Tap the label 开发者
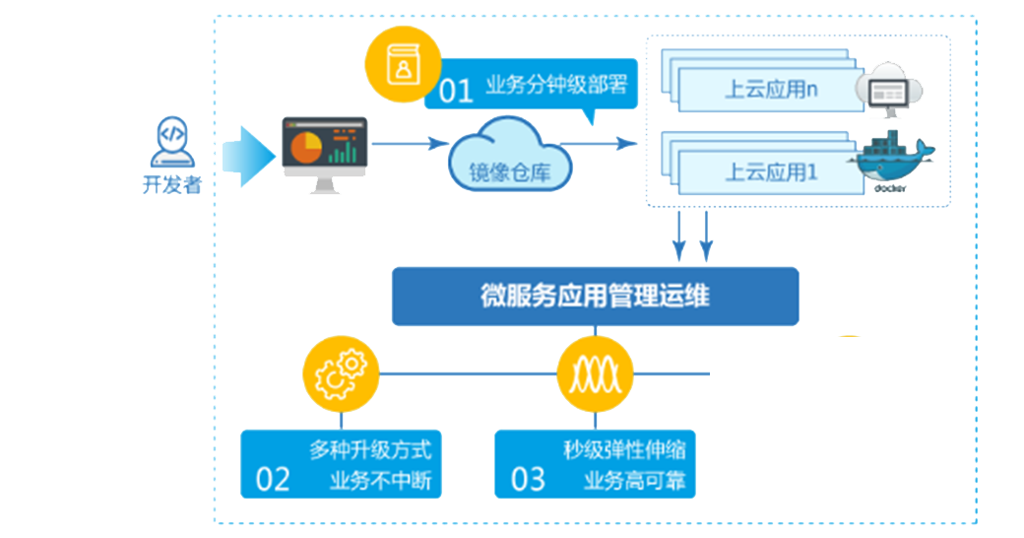pyautogui.click(x=171, y=184)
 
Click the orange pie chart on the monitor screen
pyautogui.click(x=306, y=148)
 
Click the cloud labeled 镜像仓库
pyautogui.click(x=511, y=158)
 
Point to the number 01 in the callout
pyautogui.click(x=456, y=92)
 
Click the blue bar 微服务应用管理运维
pyautogui.click(x=595, y=296)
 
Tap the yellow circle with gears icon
pyautogui.click(x=340, y=374)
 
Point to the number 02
pyautogui.click(x=273, y=480)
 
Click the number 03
pyautogui.click(x=528, y=480)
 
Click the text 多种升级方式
pyautogui.click(x=370, y=452)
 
